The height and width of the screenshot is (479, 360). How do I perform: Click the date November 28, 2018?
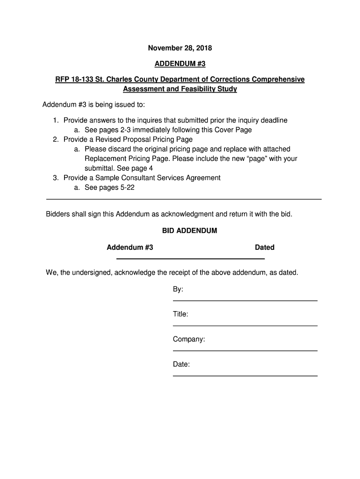[x=180, y=48]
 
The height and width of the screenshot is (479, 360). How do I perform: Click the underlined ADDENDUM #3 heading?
[x=180, y=64]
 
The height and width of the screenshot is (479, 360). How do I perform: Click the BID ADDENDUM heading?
[x=189, y=231]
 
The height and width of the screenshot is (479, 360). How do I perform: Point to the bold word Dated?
[x=265, y=247]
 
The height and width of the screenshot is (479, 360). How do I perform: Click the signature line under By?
[x=245, y=300]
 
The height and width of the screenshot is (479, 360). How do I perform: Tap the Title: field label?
[x=180, y=314]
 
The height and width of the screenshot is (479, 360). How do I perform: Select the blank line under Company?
[x=245, y=350]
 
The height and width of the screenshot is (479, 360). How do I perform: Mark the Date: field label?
[x=181, y=364]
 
